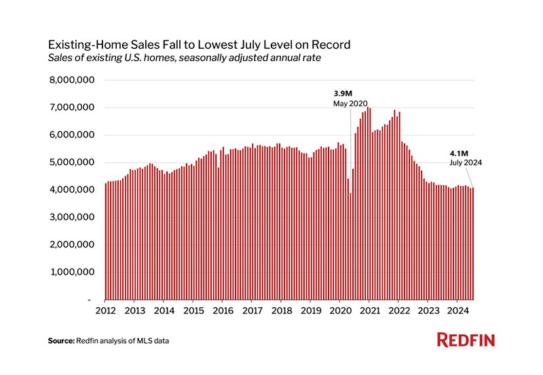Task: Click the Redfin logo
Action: (466, 340)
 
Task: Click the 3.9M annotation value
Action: (343, 93)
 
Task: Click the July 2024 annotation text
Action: (464, 163)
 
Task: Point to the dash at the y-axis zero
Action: (89, 300)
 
